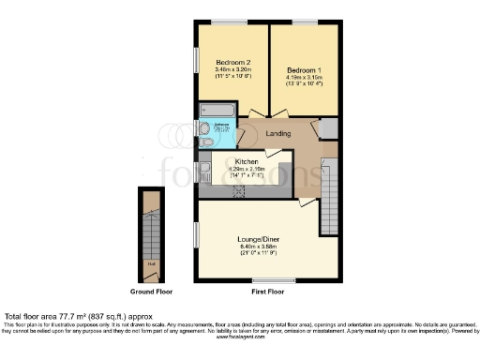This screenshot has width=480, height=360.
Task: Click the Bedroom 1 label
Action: tap(304, 70)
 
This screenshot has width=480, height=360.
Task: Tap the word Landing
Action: tap(277, 134)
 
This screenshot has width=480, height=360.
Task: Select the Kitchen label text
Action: tap(233, 161)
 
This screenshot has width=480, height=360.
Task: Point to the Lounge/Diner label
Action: tap(256, 239)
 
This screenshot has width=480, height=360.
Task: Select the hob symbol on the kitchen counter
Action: tap(238, 191)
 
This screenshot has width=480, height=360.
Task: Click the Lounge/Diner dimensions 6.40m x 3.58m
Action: tap(256, 248)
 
